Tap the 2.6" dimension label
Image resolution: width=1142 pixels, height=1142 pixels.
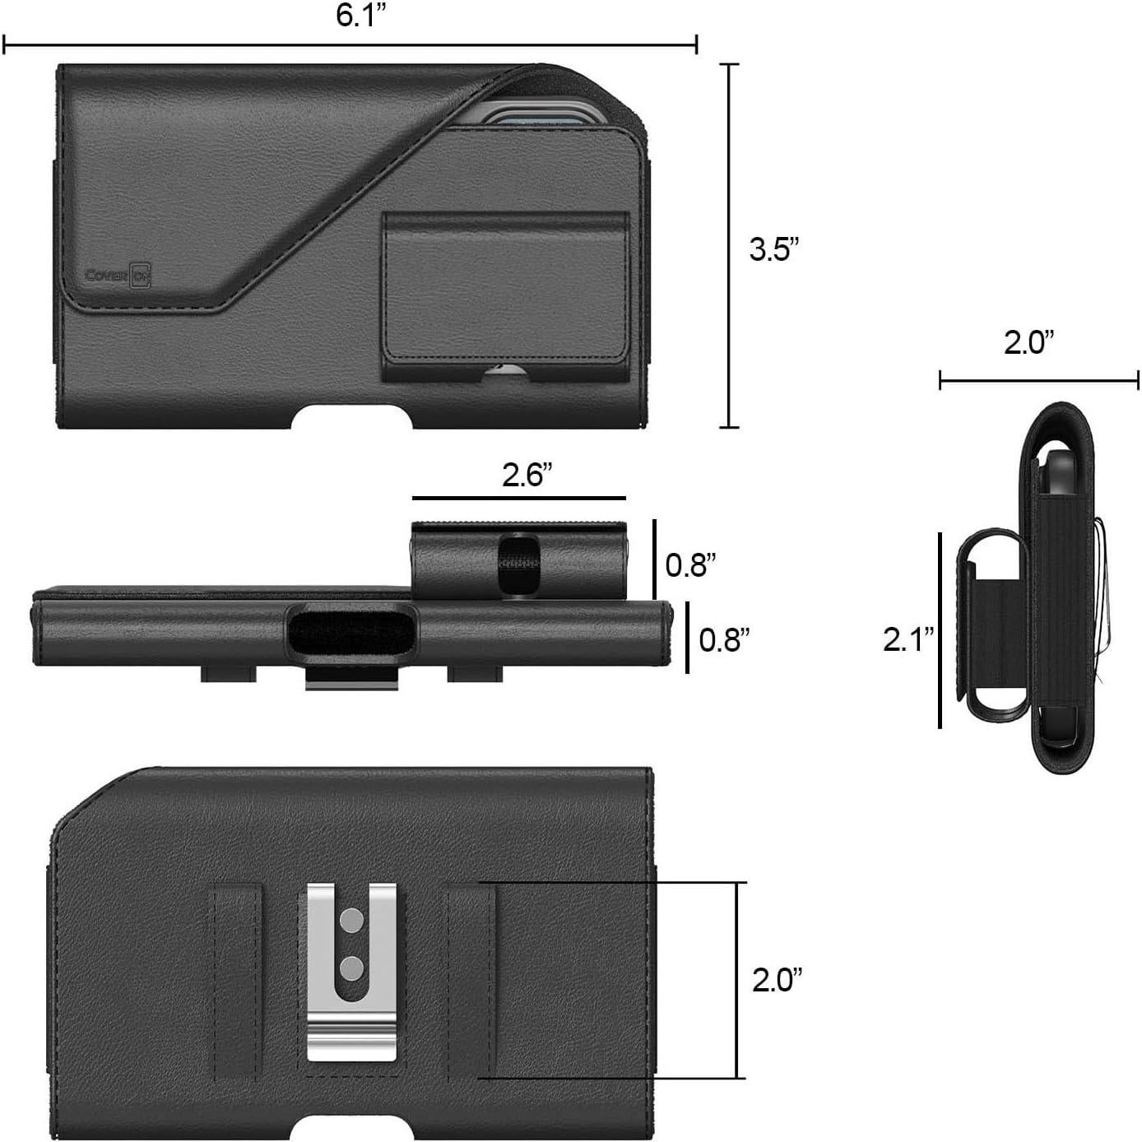pyautogui.click(x=527, y=476)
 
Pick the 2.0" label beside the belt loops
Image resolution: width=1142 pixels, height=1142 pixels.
pyautogui.click(x=777, y=980)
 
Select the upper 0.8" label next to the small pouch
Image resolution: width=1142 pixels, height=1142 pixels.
pyautogui.click(x=690, y=564)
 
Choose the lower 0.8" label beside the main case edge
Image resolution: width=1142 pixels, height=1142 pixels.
pyautogui.click(x=724, y=639)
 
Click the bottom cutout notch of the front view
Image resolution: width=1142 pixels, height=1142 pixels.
pyautogui.click(x=352, y=417)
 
